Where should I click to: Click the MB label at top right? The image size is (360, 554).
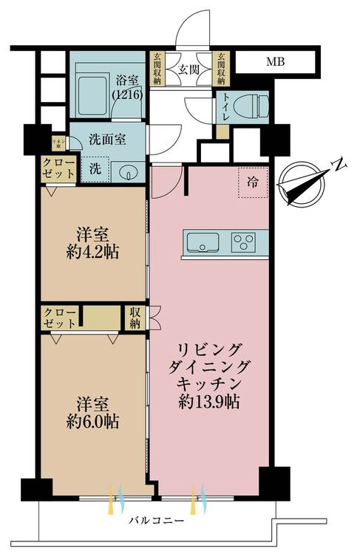276,62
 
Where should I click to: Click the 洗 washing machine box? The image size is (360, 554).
96,169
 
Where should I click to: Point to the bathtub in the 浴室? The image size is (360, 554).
92,91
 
